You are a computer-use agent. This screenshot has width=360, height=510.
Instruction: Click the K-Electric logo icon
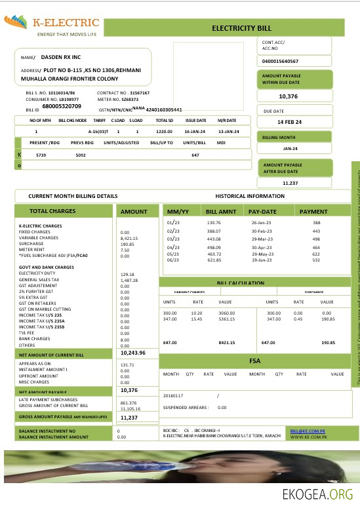tap(18, 24)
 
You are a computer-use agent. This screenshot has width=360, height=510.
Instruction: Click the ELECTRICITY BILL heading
tap(241, 29)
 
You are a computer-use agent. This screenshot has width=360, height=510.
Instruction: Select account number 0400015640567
tap(280, 61)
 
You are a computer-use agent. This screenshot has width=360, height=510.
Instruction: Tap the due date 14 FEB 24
tap(289, 123)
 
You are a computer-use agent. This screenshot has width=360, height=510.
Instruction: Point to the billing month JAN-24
tap(291, 149)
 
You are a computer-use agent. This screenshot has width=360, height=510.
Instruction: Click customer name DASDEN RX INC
tap(66, 58)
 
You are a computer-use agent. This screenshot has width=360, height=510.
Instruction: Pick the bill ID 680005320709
tap(62, 106)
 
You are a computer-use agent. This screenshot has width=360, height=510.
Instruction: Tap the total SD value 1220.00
tap(163, 132)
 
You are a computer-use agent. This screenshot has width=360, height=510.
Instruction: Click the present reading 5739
tap(41, 155)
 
